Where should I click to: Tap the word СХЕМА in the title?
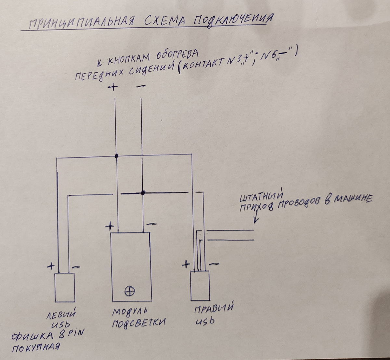click(163, 22)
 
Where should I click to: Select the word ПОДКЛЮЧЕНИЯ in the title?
click(232, 20)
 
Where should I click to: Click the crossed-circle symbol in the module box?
click(130, 291)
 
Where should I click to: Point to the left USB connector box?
click(64, 288)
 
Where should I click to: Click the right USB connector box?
click(200, 286)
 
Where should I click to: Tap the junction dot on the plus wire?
click(116, 156)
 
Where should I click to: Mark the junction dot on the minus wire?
click(143, 192)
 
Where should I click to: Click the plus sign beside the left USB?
click(50, 266)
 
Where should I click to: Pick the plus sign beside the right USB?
click(186, 264)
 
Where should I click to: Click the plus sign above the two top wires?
click(113, 87)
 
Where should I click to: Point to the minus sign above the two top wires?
click(141, 86)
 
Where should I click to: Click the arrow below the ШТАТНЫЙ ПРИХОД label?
click(255, 218)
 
